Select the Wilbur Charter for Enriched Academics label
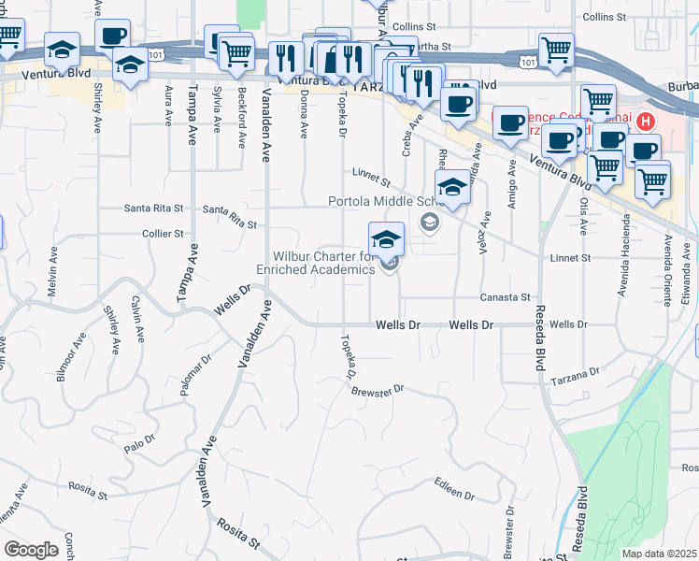322,263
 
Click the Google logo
31,550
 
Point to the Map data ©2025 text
659,554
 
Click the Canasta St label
505,297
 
